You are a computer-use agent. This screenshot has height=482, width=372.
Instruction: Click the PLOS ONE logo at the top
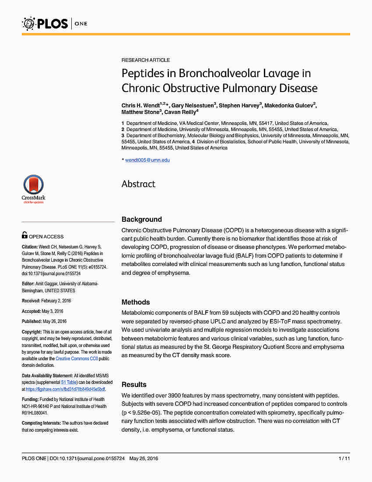coord(55,23)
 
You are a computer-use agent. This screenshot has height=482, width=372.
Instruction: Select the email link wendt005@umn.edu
coord(147,160)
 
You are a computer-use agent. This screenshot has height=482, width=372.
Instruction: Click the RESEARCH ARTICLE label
coord(146,60)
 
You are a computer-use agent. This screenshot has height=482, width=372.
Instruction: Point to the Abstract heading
coord(138,184)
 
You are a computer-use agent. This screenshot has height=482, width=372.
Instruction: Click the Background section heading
coord(141,219)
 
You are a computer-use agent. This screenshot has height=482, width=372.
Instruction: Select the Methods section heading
coord(136,302)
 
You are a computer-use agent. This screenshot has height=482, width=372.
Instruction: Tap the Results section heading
coord(134,384)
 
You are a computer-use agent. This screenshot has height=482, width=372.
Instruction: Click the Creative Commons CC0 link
coord(77,358)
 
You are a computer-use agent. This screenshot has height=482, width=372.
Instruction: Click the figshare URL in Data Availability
coord(65,389)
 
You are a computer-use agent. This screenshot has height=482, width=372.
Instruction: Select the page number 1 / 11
coord(344,458)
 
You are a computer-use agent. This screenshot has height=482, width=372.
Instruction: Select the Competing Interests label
coord(41,423)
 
